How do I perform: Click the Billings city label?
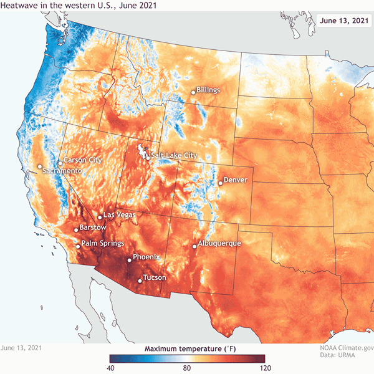coord(208,90)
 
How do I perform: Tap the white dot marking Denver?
coord(220,183)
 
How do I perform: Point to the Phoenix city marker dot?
coord(130,260)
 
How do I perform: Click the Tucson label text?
coord(155,277)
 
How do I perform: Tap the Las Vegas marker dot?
coord(100,218)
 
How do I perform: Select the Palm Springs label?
coord(103,243)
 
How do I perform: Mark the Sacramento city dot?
coord(40,166)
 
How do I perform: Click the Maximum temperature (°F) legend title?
coord(186,348)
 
